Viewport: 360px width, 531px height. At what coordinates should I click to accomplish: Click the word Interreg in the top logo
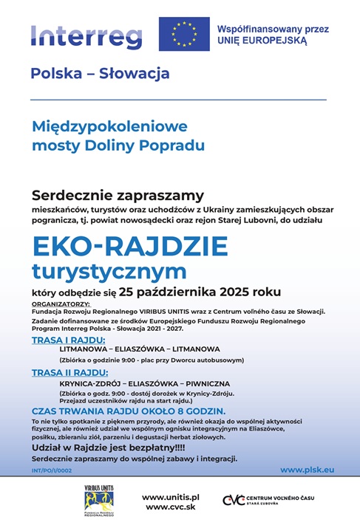[x=87, y=35]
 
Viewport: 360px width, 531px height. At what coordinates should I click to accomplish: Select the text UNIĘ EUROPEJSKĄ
[x=262, y=42]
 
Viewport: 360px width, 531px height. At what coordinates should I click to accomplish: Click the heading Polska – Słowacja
[x=101, y=74]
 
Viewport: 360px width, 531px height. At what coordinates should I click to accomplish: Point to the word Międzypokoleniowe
[x=109, y=126]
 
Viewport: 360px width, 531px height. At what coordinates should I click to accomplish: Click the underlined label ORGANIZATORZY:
[x=61, y=304]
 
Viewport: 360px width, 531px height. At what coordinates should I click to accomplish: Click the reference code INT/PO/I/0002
[x=52, y=470]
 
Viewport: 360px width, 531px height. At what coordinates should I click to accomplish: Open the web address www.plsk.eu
[x=308, y=469]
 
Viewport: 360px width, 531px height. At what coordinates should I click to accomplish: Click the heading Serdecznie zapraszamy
[x=117, y=195]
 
